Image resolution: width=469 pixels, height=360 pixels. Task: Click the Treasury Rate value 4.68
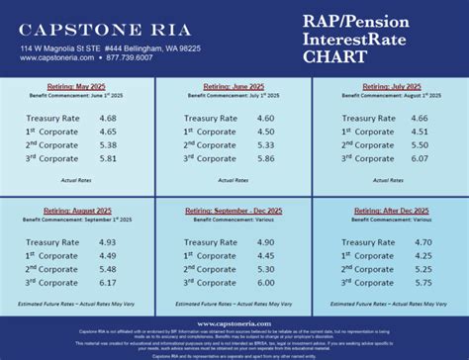109,119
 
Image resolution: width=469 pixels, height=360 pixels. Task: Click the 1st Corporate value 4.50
267,132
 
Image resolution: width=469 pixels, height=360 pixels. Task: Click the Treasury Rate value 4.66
421,119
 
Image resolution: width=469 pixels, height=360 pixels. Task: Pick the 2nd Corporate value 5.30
267,269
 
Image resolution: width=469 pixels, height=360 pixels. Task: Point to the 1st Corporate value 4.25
423,255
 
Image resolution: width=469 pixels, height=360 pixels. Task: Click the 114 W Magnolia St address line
116,47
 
